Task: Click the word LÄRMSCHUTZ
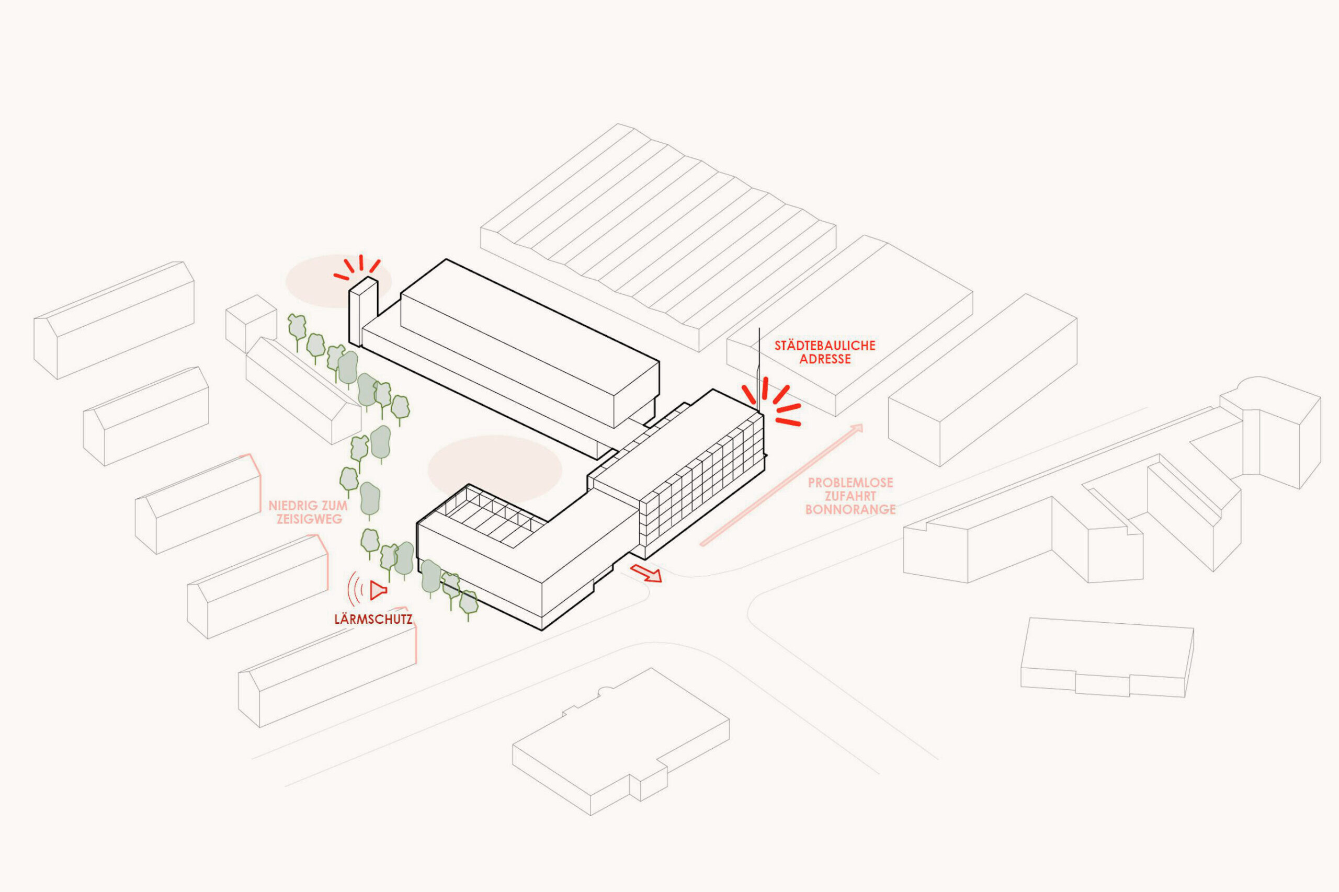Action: tap(373, 619)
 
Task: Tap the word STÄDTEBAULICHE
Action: tap(824, 345)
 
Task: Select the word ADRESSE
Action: tap(824, 359)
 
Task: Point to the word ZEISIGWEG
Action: tap(309, 519)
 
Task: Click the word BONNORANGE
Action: tap(850, 509)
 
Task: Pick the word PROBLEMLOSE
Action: tap(850, 483)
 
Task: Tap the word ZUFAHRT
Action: tap(850, 496)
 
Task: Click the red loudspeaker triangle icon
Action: tap(378, 590)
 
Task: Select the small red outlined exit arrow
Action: tap(646, 574)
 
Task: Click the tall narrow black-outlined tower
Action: tap(363, 311)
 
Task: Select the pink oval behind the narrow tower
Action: tap(338, 281)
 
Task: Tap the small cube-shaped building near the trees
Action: tap(251, 323)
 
